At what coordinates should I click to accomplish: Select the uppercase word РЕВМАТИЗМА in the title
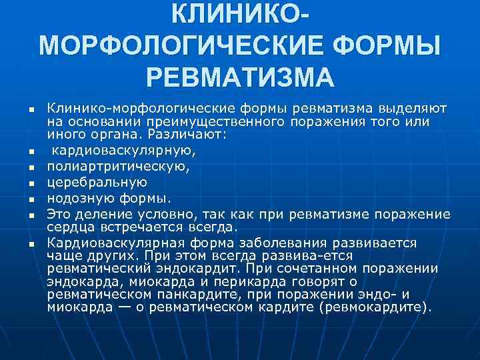tap(240, 78)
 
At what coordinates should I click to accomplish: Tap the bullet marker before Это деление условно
tap(31, 214)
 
